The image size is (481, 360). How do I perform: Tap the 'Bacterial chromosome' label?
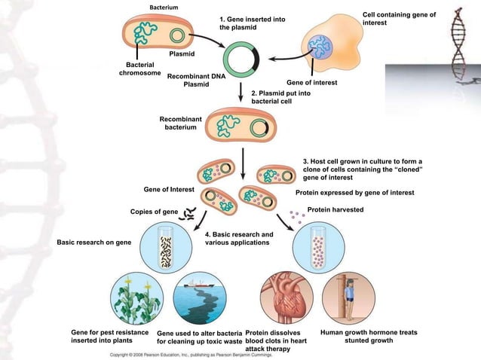pyautogui.click(x=139, y=69)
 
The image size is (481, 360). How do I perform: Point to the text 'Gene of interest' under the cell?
pyautogui.click(x=311, y=82)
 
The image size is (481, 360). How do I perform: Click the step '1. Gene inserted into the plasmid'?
pyautogui.click(x=252, y=23)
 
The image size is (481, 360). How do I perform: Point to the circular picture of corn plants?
pyautogui.click(x=136, y=297)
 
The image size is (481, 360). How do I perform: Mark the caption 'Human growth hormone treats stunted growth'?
pyautogui.click(x=369, y=337)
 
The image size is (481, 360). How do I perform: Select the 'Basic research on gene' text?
pyautogui.click(x=93, y=243)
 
